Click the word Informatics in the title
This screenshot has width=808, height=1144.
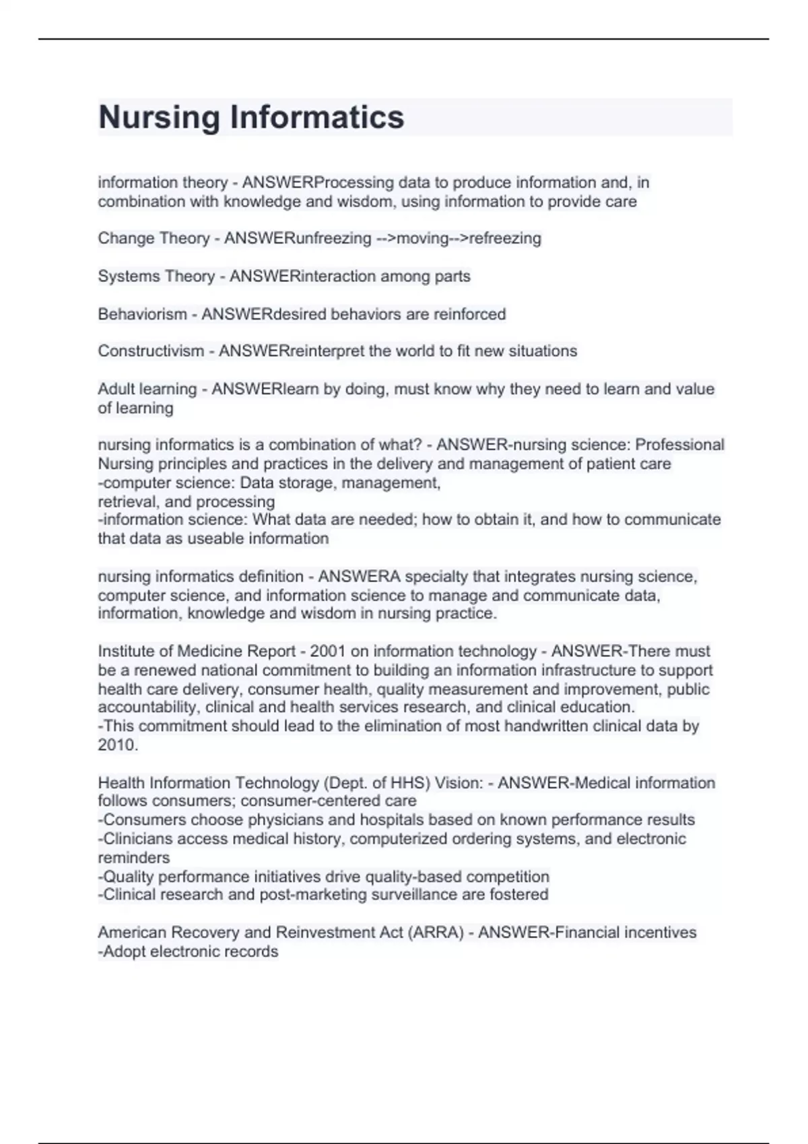tap(317, 117)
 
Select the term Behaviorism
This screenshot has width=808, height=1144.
tap(142, 314)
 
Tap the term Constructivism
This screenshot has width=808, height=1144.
tap(151, 351)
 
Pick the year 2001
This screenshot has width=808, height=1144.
tap(328, 651)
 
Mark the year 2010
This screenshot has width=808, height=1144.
tap(117, 745)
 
